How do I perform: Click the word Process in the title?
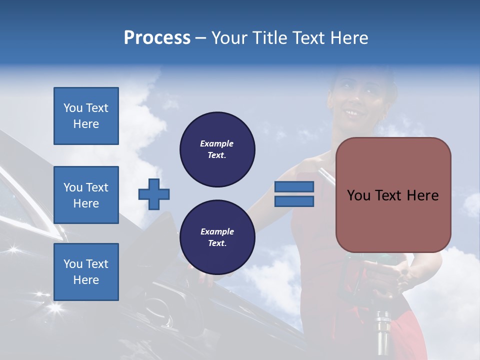click(x=157, y=38)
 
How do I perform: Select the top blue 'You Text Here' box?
click(x=86, y=116)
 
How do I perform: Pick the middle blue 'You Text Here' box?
click(x=86, y=195)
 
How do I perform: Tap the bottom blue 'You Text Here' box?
click(x=86, y=272)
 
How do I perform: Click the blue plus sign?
click(x=154, y=194)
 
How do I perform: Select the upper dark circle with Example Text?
click(x=217, y=149)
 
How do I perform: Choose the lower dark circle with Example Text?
click(x=217, y=237)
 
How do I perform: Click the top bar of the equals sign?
click(x=294, y=186)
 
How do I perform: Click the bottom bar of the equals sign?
click(x=294, y=201)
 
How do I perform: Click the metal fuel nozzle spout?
click(x=383, y=332)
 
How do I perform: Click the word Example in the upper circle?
click(x=217, y=143)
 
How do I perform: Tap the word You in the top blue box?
click(x=72, y=108)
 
